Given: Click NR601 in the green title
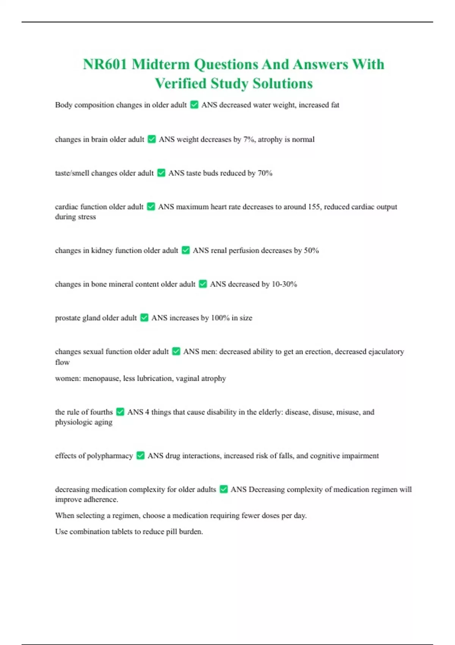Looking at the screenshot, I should [105, 64].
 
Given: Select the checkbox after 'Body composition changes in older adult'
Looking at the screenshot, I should [194, 105].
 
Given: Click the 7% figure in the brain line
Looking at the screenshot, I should [249, 139].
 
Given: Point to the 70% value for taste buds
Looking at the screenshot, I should [265, 173].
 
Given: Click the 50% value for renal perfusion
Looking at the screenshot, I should [311, 250].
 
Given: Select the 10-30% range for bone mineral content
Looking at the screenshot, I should [284, 284].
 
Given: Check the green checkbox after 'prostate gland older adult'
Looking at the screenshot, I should [144, 318].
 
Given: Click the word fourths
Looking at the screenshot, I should [102, 412].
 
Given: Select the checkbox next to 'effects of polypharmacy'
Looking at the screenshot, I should [140, 455].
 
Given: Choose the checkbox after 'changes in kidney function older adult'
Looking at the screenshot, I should [186, 250].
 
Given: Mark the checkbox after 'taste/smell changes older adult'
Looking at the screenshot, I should [161, 173].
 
